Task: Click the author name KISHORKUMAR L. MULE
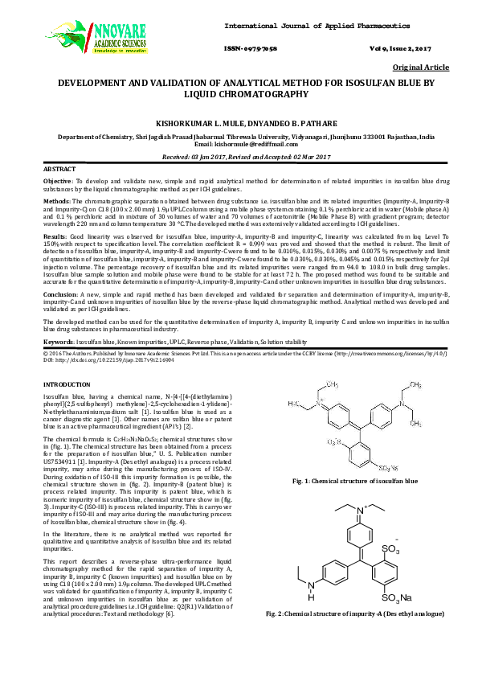click(x=202, y=117)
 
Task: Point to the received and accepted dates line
click(x=239, y=157)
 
